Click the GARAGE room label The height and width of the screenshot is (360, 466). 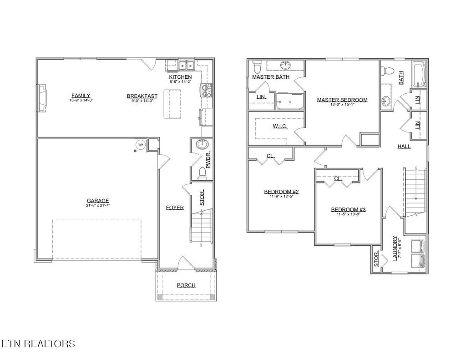(98, 201)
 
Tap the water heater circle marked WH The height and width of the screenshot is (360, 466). (140, 145)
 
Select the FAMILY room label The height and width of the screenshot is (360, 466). (81, 96)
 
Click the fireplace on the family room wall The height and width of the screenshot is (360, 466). (41, 97)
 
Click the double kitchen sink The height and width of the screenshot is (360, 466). (186, 66)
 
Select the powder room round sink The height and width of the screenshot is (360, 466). (202, 145)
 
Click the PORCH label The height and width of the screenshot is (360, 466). (186, 285)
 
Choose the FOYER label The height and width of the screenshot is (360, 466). (175, 208)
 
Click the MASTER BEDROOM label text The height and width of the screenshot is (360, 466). (342, 100)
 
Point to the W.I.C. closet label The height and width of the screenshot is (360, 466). (280, 126)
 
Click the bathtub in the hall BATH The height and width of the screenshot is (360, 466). (419, 75)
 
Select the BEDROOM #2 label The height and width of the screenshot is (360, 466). (281, 192)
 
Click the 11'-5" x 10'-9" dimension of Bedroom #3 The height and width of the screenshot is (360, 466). (348, 214)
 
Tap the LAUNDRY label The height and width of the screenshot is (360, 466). (395, 247)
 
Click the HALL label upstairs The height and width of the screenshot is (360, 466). (404, 146)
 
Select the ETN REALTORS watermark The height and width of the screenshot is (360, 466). (38, 344)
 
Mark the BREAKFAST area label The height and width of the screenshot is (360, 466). (142, 96)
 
